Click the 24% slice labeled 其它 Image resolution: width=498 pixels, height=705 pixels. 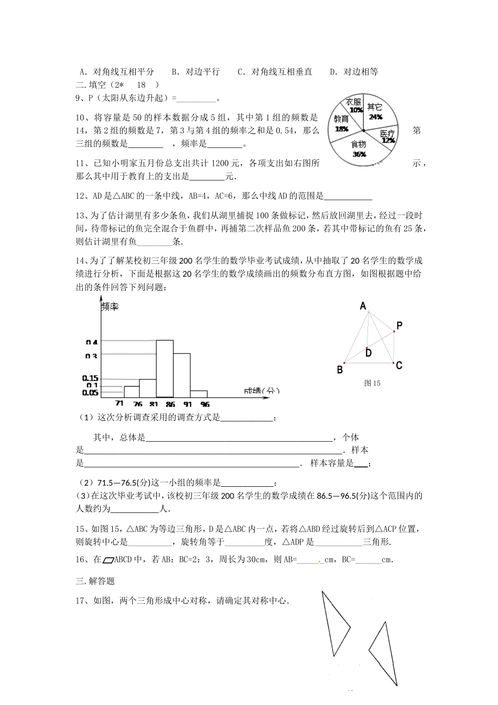click(377, 112)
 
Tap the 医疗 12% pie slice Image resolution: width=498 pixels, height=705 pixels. click(387, 136)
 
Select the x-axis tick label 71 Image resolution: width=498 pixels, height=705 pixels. click(120, 404)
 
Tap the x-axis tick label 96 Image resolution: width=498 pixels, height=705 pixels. click(205, 404)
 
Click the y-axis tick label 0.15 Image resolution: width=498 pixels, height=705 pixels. click(90, 378)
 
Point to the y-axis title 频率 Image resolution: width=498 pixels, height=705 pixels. click(110, 306)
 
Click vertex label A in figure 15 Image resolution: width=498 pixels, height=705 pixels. click(363, 306)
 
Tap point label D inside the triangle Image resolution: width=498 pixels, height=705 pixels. click(369, 353)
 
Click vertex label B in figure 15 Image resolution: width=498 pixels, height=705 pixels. click(340, 370)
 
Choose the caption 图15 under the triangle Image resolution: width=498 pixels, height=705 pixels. click(372, 383)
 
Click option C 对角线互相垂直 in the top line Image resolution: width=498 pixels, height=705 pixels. click(275, 72)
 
